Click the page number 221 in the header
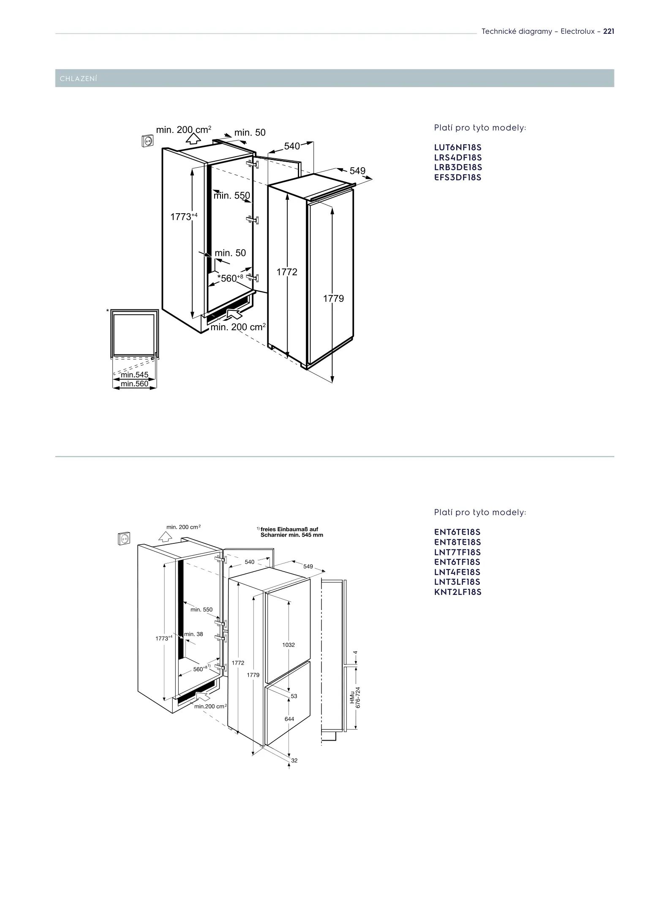[x=609, y=31]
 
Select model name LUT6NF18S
[x=458, y=148]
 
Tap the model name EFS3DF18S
[x=458, y=177]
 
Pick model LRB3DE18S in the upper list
[x=458, y=168]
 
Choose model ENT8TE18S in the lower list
[x=457, y=542]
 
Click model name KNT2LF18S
[x=458, y=592]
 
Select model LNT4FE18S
[x=457, y=572]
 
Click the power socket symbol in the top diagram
[x=147, y=140]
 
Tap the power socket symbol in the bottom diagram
[x=124, y=538]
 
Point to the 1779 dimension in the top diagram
[x=334, y=299]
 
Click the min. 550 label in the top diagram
[x=232, y=195]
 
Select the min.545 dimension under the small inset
[x=135, y=375]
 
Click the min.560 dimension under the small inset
[x=135, y=384]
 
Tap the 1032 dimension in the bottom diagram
[x=288, y=645]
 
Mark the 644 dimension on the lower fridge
[x=289, y=719]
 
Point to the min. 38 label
[x=194, y=634]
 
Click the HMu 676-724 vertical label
[x=355, y=697]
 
